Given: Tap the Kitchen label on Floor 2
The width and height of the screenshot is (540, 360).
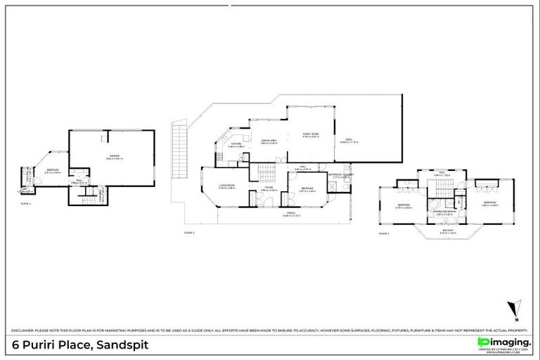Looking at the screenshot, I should [x=236, y=145].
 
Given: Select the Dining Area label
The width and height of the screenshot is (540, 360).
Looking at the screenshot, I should [x=269, y=141].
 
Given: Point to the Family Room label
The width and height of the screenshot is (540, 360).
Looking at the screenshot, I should [x=311, y=135].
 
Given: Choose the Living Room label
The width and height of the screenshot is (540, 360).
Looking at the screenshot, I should [x=226, y=186].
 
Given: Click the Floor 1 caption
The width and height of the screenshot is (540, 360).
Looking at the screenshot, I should [x=26, y=202].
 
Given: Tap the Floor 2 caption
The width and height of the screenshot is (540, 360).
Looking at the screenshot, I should [x=188, y=232].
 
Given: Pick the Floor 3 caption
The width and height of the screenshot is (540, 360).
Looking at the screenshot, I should [x=384, y=233].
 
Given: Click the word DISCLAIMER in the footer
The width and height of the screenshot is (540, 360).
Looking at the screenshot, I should [x=25, y=330].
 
